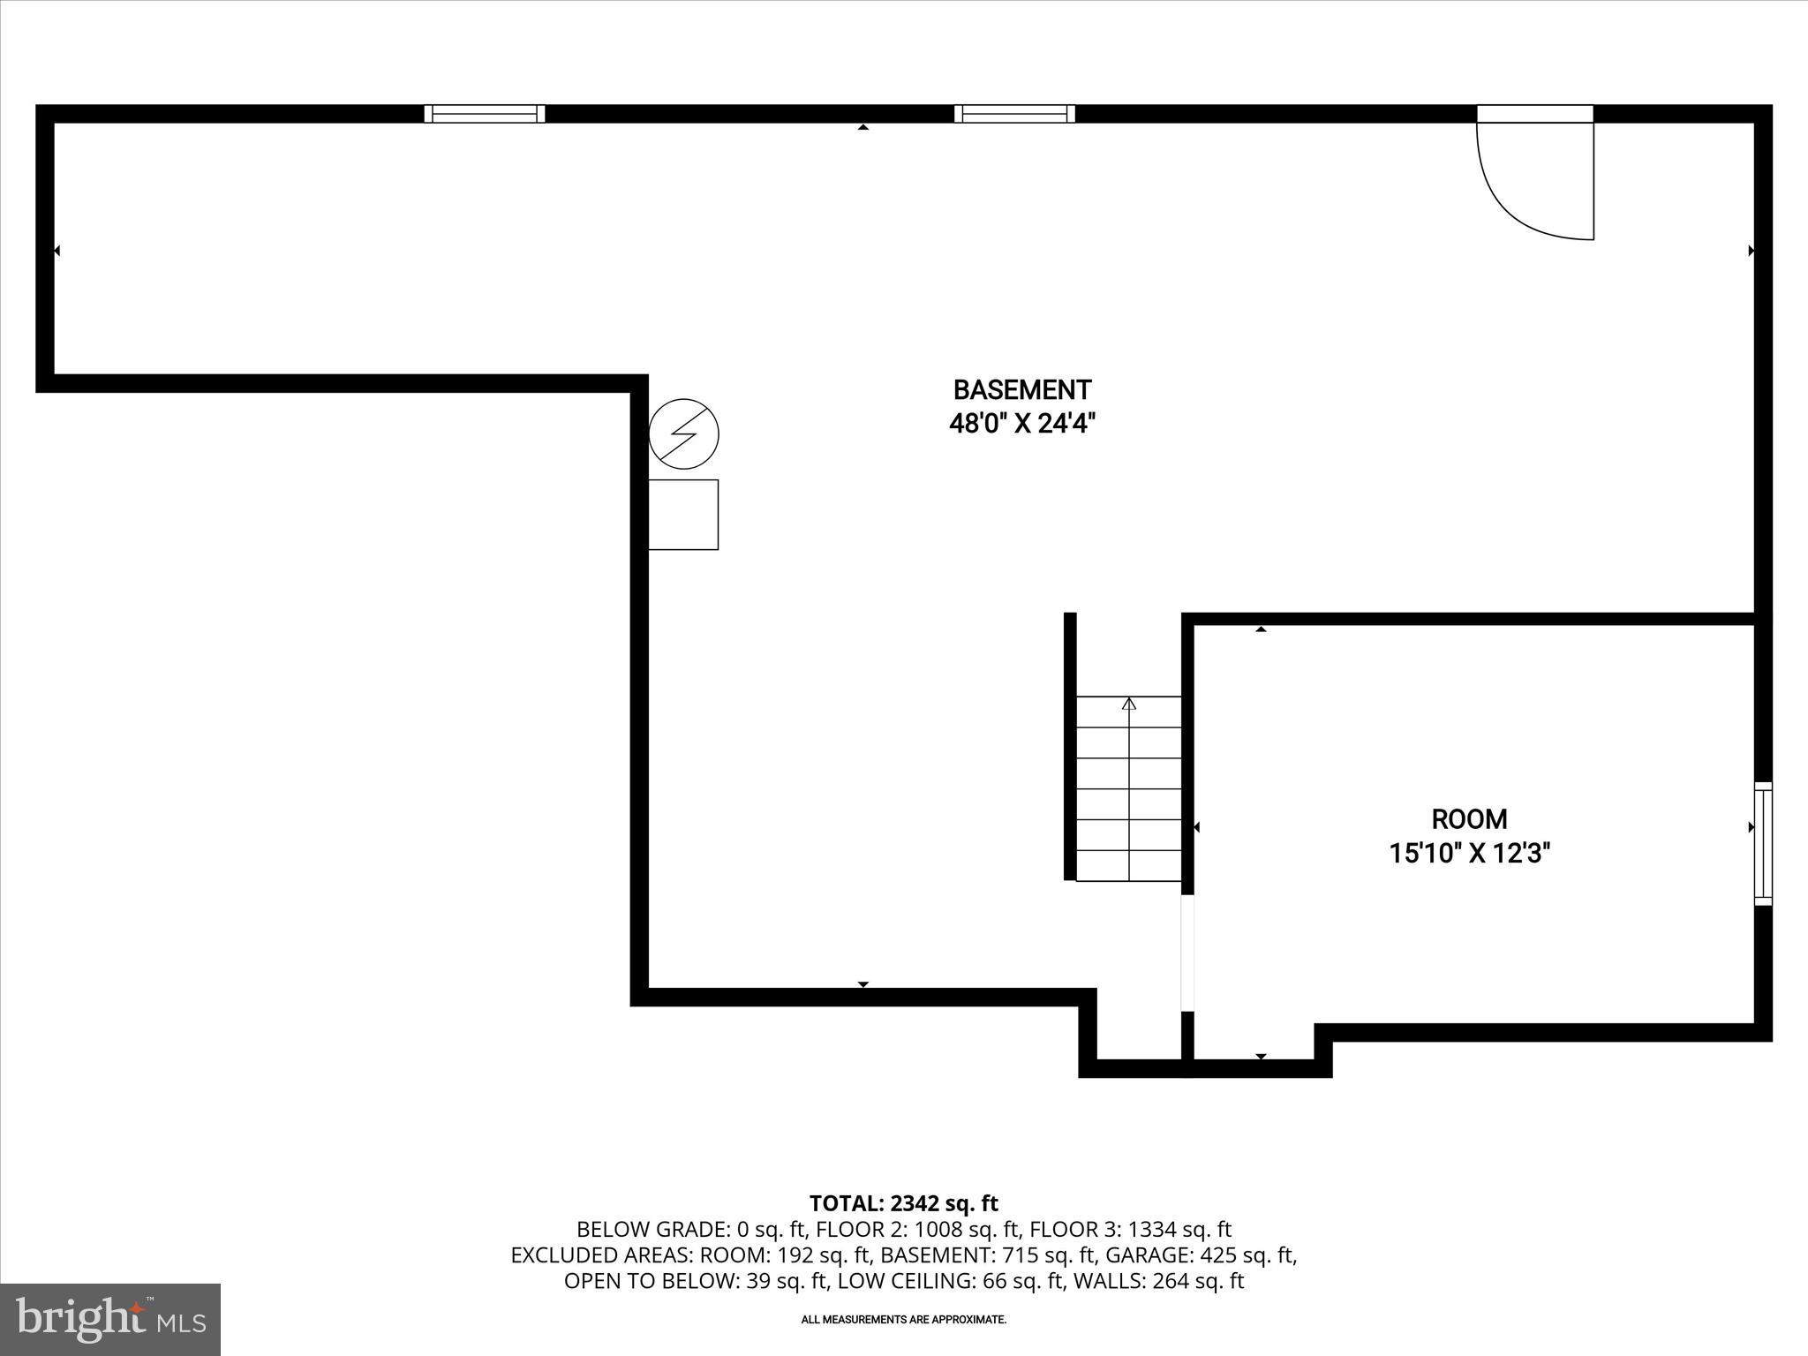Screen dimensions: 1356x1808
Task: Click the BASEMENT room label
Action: (x=1021, y=389)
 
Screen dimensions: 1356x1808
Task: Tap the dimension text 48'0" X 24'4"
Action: (x=1021, y=425)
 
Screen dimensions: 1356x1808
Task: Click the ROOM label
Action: (x=1469, y=819)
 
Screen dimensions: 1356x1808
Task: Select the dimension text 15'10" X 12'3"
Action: (x=1469, y=854)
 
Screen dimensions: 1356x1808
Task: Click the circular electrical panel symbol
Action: (x=683, y=434)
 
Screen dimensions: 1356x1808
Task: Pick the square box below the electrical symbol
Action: (x=683, y=515)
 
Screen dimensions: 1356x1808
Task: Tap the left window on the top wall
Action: (x=485, y=114)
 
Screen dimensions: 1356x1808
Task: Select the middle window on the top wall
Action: (x=1014, y=114)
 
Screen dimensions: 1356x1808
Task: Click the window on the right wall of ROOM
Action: (x=1762, y=843)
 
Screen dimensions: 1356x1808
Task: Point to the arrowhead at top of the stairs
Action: (x=1128, y=704)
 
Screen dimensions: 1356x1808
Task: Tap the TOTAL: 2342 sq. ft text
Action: (x=903, y=1203)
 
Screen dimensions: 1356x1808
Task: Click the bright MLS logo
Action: (x=110, y=1319)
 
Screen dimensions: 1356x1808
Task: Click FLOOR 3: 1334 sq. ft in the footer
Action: (x=1130, y=1229)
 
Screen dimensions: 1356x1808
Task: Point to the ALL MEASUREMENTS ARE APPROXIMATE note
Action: (x=903, y=1320)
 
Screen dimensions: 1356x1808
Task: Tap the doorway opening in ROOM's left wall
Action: (x=1187, y=952)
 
